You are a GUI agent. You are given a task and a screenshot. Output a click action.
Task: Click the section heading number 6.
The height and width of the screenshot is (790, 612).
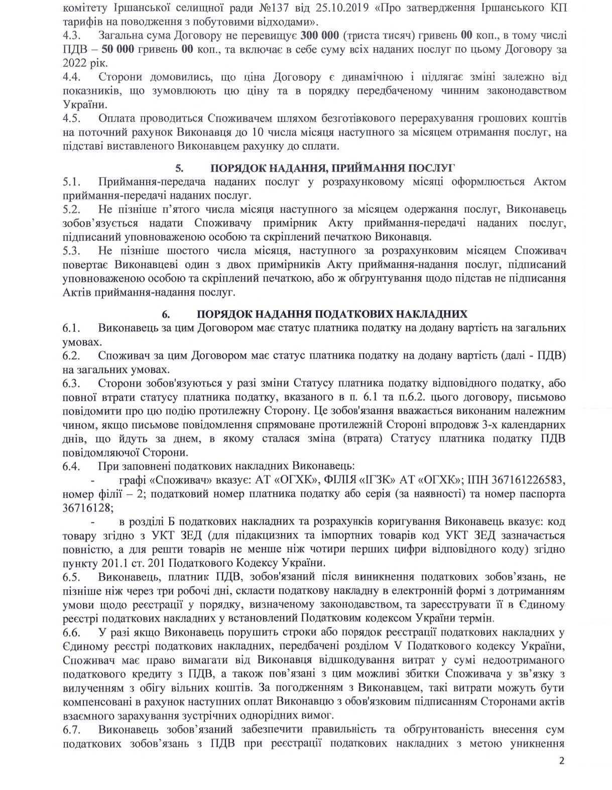pyautogui.click(x=165, y=314)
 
